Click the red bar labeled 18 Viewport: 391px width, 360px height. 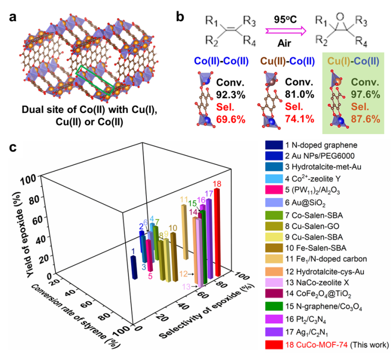pyautogui.click(x=218, y=232)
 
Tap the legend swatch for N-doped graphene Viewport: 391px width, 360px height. pyautogui.click(x=272, y=145)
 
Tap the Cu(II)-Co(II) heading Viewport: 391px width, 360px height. pyautogui.click(x=285, y=62)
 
